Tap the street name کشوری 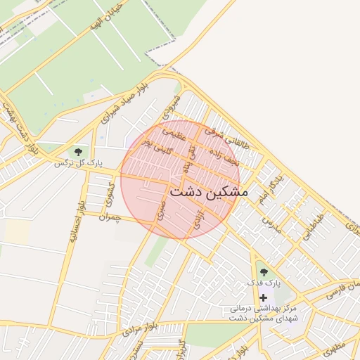[108, 192]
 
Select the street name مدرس [271, 219]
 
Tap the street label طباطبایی [313, 227]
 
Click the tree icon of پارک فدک [264, 272]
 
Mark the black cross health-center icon [264, 298]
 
